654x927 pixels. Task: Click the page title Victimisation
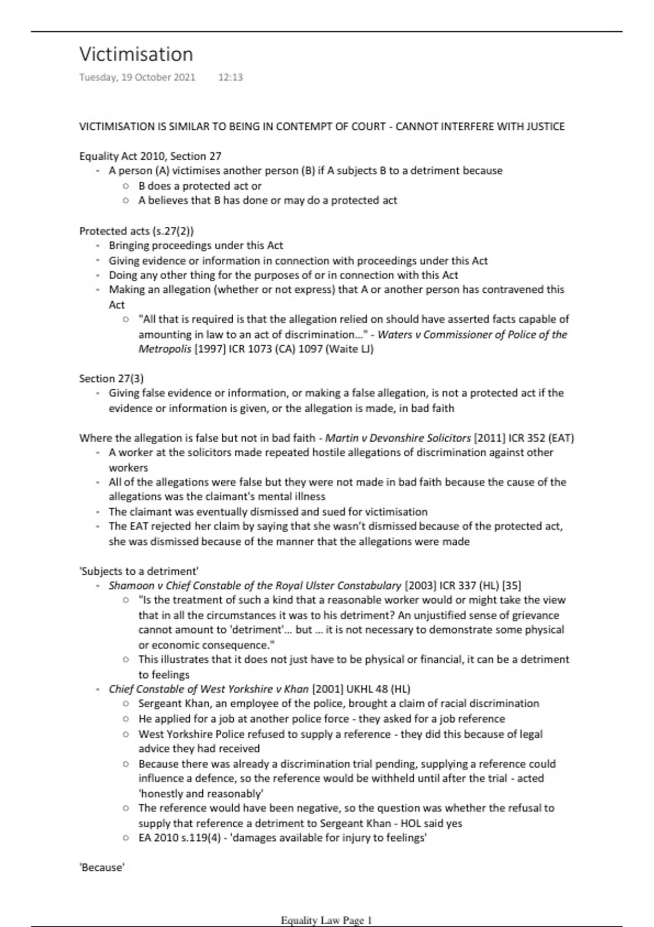pyautogui.click(x=136, y=55)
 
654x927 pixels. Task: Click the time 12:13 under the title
pyautogui.click(x=230, y=77)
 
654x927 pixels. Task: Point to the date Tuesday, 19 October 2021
pyautogui.click(x=137, y=77)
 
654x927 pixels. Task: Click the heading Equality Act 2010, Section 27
pyautogui.click(x=150, y=156)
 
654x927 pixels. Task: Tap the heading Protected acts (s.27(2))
pyautogui.click(x=136, y=231)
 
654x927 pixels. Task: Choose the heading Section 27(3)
pyautogui.click(x=111, y=378)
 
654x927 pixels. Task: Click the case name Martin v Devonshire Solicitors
pyautogui.click(x=398, y=438)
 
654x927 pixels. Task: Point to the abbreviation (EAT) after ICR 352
pyautogui.click(x=561, y=438)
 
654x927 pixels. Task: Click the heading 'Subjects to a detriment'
pyautogui.click(x=139, y=571)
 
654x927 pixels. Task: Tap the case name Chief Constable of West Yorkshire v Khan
pyautogui.click(x=209, y=689)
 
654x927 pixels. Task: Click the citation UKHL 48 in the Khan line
pyautogui.click(x=360, y=689)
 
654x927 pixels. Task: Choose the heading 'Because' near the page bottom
pyautogui.click(x=102, y=868)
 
